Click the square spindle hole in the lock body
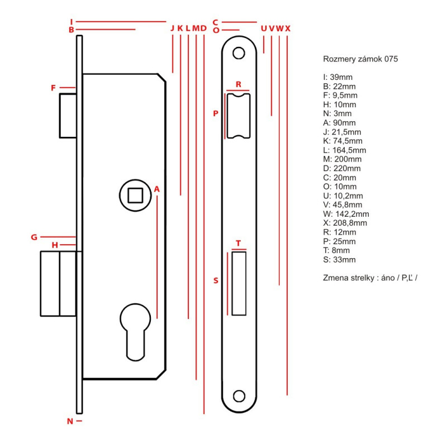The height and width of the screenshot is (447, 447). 135,196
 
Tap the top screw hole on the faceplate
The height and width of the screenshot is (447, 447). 239,54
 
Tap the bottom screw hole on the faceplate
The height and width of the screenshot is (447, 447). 239,396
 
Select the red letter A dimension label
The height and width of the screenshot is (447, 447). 157,189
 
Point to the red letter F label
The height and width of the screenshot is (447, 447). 54,88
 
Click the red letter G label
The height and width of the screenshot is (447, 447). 34,237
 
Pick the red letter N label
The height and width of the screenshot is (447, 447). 70,421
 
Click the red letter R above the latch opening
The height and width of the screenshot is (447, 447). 238,84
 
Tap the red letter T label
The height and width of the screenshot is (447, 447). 239,244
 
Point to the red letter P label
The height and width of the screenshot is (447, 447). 216,113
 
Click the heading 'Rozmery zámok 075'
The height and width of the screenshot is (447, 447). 360,59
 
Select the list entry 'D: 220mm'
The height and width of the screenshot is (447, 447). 342,168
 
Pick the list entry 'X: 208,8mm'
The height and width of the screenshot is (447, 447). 345,223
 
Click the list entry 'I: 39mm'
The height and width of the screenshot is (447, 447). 338,77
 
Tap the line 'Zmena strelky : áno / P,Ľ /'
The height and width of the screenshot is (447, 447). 370,278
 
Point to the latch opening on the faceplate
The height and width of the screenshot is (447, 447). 239,116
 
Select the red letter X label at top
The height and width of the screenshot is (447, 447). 288,28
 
